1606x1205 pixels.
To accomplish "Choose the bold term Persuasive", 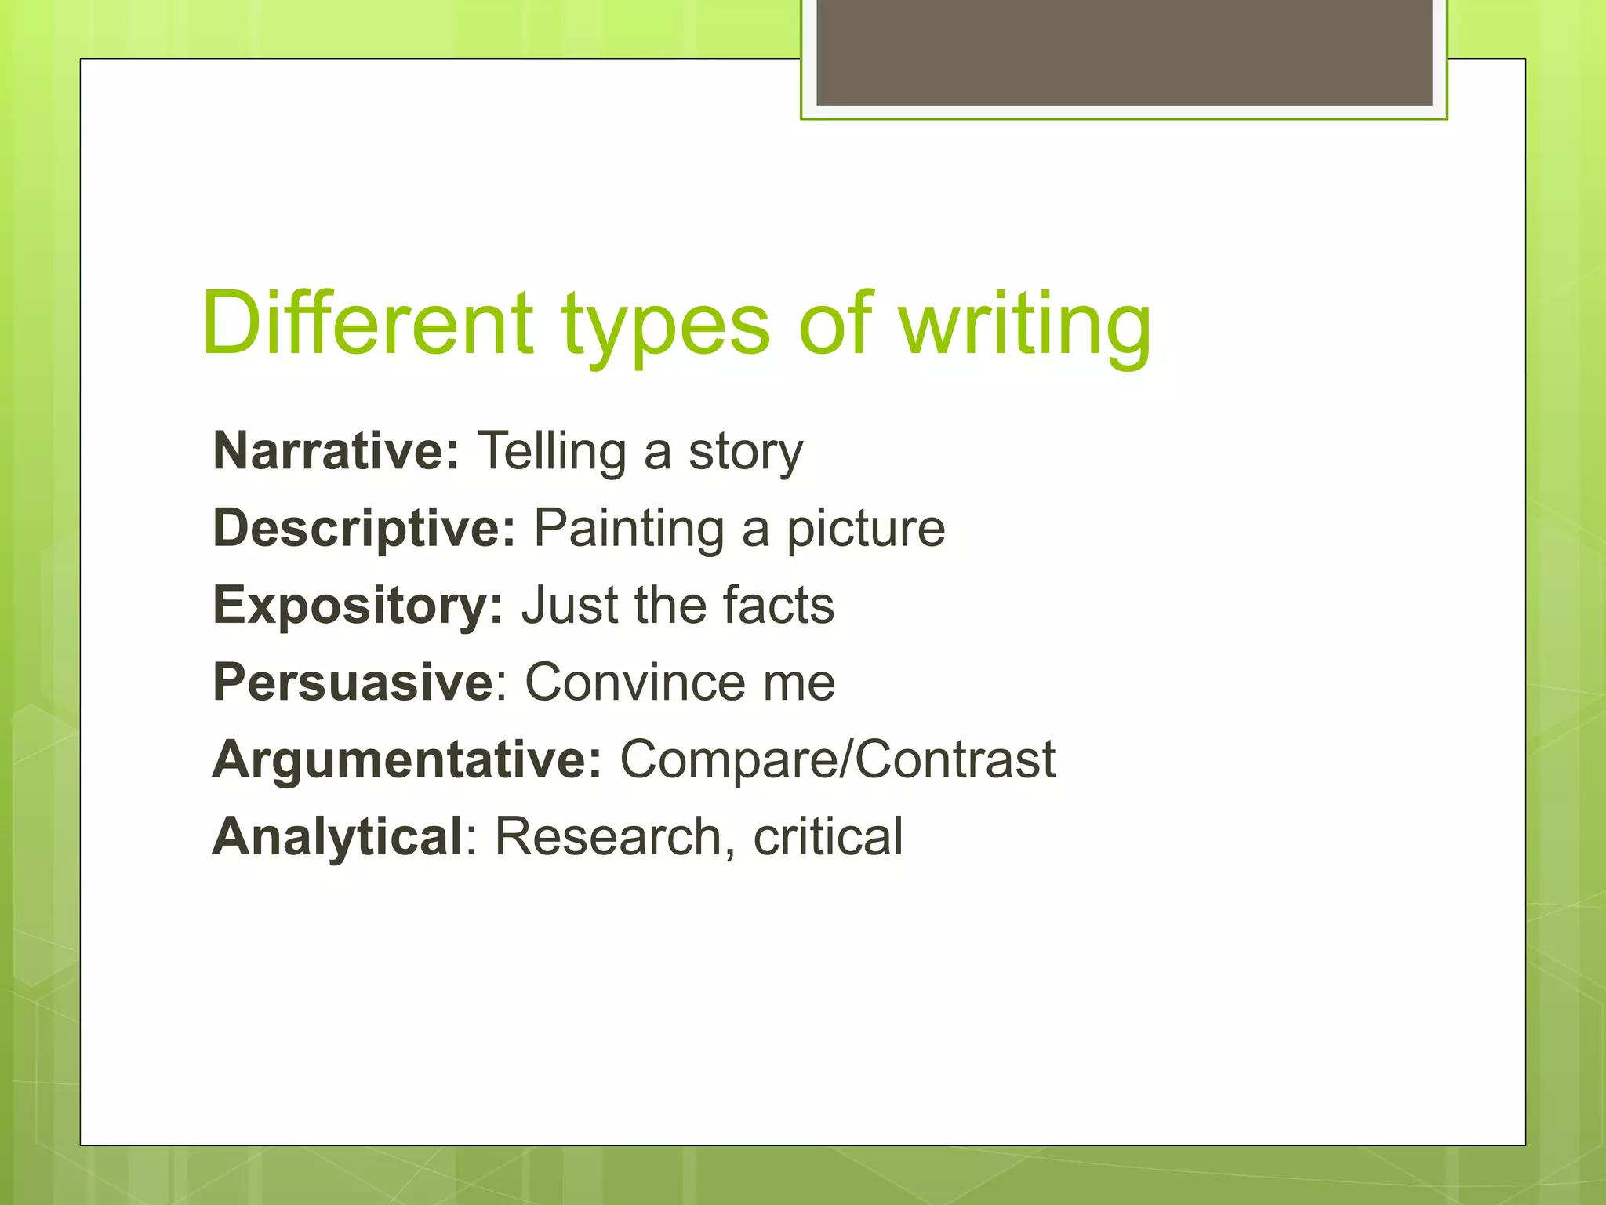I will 353,682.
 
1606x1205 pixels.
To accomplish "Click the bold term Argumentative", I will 407,759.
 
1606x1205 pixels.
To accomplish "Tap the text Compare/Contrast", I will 838,759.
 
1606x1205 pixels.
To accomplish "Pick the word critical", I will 828,836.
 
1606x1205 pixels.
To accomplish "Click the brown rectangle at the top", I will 1124,52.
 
